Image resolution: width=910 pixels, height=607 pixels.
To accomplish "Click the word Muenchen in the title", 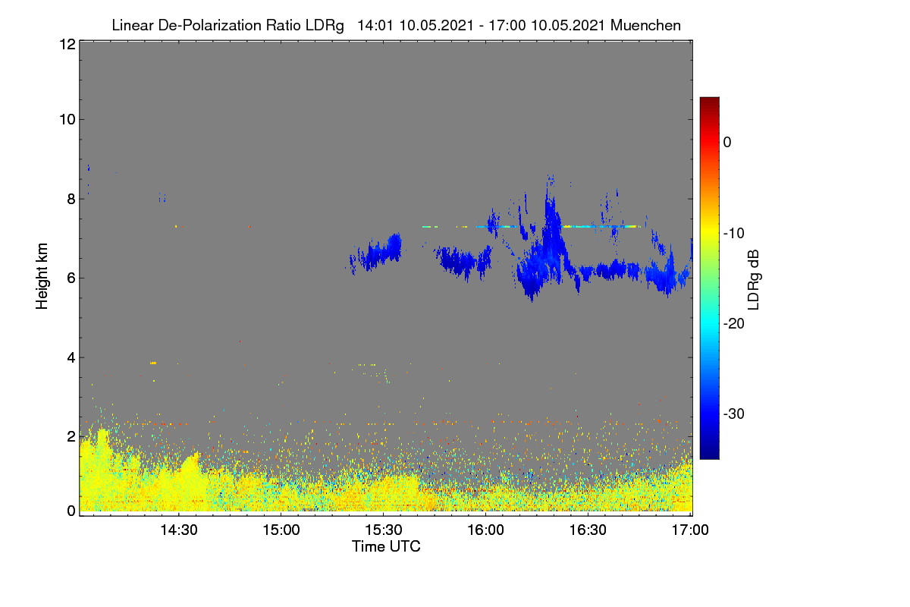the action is coord(645,25).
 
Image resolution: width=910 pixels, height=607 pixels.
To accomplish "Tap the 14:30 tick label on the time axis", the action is coord(179,530).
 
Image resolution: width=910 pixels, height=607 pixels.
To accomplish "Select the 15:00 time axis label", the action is coord(281,530).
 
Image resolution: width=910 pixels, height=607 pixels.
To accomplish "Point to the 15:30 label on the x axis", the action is coord(384,530).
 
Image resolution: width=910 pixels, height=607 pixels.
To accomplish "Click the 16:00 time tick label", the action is coord(485,530).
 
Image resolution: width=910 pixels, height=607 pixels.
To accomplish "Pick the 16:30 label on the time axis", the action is coord(588,530).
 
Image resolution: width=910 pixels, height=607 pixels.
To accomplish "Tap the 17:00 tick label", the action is coord(690,530).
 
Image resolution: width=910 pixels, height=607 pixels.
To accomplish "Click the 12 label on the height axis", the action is coord(67,44).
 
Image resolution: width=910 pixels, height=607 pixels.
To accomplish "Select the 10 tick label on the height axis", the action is coord(67,120).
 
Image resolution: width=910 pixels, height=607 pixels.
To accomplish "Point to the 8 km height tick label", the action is coord(71,199).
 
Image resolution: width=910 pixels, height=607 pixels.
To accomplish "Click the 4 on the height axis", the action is coord(71,358).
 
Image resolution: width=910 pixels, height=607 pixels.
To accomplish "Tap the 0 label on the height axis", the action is coord(71,511).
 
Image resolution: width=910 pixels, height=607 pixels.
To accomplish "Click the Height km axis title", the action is coord(42,276).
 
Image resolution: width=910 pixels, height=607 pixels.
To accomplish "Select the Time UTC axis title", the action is coord(386,546).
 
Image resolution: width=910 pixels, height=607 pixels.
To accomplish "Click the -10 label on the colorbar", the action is coord(734,234).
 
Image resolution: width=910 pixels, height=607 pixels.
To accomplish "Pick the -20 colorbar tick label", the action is coord(734,324).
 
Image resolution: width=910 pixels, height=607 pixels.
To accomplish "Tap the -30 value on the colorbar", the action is coord(734,414).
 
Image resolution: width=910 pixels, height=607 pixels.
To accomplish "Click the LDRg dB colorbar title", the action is coord(754,280).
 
